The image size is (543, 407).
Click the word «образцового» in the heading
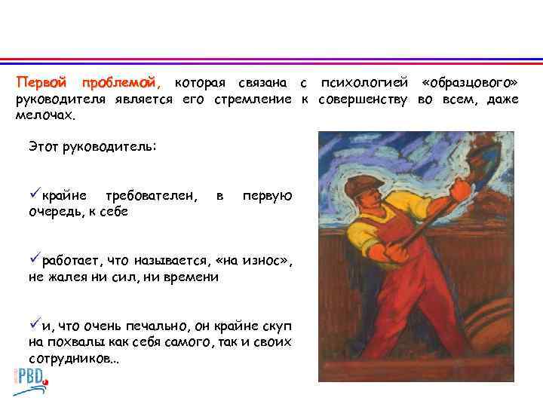point(471,81)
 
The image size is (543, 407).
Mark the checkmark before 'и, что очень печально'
point(35,326)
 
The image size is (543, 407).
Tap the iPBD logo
point(30,375)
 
